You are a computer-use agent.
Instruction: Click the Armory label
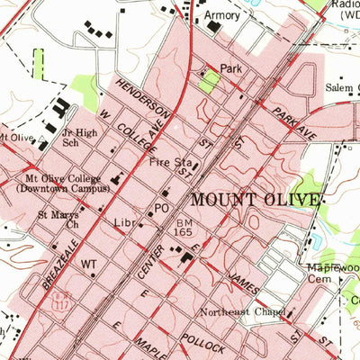[222, 15]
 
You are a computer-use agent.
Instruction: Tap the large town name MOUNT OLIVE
[254, 199]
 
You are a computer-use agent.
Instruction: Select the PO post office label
[162, 208]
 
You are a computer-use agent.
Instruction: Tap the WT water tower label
[88, 265]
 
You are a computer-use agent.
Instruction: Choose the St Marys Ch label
[58, 220]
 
